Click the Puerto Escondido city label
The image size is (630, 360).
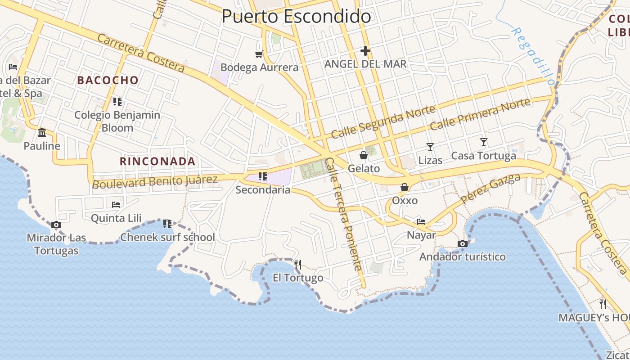pyautogui.click(x=296, y=17)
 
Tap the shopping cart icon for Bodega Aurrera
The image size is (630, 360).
pyautogui.click(x=259, y=54)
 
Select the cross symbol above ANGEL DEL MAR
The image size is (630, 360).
pyautogui.click(x=365, y=51)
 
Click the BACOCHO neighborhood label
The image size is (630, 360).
pyautogui.click(x=108, y=81)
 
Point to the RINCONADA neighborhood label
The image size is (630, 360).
pyautogui.click(x=157, y=161)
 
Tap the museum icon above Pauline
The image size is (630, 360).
pyautogui.click(x=42, y=132)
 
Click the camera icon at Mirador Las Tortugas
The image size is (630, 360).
pyautogui.click(x=56, y=225)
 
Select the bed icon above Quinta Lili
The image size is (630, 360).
pyautogui.click(x=116, y=205)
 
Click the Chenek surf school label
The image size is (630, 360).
pyautogui.click(x=167, y=237)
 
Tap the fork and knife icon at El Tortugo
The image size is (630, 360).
pyautogui.click(x=297, y=264)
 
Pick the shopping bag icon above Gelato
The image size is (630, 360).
pyautogui.click(x=363, y=156)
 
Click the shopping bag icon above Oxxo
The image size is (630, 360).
pyautogui.click(x=405, y=187)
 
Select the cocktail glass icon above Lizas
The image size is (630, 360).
pyautogui.click(x=430, y=147)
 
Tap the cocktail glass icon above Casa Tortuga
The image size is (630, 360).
pyautogui.click(x=484, y=143)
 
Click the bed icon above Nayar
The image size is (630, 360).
pyautogui.click(x=421, y=221)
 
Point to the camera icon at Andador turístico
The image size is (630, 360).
pyautogui.click(x=462, y=244)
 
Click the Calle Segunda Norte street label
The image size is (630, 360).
pyautogui.click(x=383, y=122)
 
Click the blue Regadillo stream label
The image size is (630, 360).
pyautogui.click(x=533, y=56)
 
